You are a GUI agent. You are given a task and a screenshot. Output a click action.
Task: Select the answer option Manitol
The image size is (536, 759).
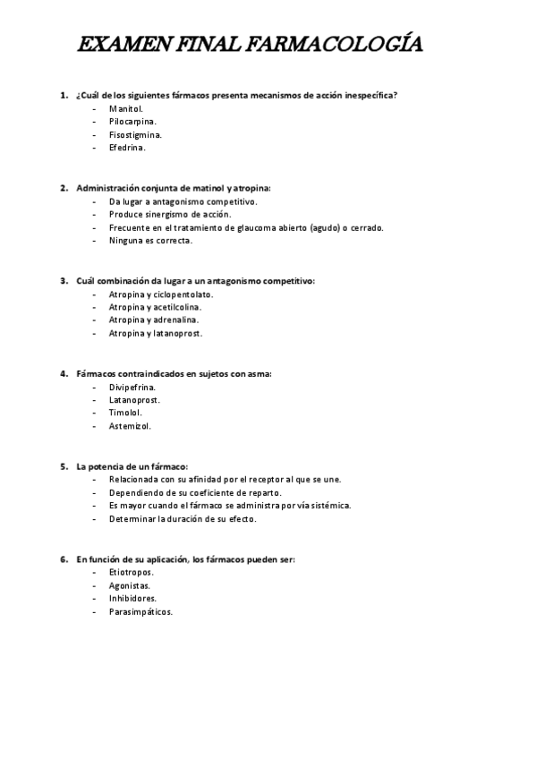coord(125,108)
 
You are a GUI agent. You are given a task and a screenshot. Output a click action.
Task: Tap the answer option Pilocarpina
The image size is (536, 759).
coord(132,121)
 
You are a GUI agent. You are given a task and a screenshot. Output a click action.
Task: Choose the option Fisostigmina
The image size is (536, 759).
coord(135,134)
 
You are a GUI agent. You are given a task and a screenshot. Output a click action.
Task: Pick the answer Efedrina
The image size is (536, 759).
coord(127,147)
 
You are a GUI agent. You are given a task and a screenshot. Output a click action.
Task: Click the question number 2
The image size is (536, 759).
coord(64,188)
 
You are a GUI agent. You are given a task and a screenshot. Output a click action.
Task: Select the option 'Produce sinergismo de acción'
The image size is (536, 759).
coord(169,214)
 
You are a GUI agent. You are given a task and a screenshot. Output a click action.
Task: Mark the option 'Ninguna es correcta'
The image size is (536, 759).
coord(150,240)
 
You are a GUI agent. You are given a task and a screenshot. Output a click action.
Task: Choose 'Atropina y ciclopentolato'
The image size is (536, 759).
coord(161,294)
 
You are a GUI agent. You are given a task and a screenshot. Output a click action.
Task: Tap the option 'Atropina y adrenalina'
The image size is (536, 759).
coord(154,320)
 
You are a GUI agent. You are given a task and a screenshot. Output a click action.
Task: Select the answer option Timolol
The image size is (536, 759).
coord(125,413)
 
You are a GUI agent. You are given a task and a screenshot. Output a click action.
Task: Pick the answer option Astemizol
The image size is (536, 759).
coord(130,426)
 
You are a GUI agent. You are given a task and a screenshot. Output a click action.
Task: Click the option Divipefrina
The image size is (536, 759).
coord(132,388)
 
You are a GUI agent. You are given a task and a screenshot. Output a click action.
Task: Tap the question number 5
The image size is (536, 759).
coord(64,466)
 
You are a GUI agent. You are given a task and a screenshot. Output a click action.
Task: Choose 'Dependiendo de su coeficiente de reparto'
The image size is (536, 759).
coord(195,492)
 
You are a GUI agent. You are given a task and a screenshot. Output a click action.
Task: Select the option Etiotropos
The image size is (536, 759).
coord(131,573)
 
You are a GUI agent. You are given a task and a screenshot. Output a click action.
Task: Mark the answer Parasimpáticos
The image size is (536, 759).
coord(140,612)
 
